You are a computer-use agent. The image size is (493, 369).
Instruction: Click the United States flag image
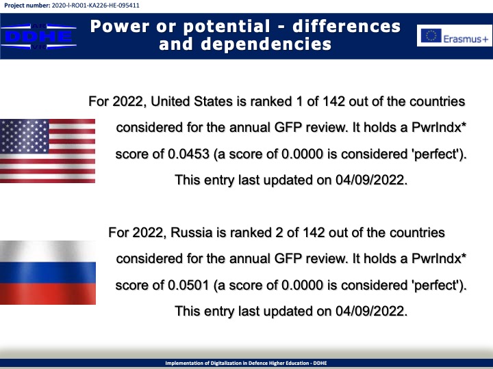(x=47, y=151)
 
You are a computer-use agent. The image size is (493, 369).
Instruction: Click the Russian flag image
(x=48, y=273)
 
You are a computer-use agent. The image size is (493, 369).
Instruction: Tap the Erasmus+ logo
(x=455, y=36)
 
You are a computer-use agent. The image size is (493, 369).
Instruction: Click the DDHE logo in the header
(x=38, y=36)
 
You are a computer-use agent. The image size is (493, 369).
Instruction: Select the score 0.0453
(x=188, y=154)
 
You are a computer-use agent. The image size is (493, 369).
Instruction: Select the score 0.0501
(x=188, y=285)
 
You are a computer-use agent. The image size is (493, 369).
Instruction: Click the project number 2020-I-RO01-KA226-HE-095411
(x=95, y=5)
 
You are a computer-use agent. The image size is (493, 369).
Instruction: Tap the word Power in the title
(x=119, y=27)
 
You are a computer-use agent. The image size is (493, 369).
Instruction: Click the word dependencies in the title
(x=266, y=44)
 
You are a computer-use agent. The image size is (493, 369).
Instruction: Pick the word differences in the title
(x=346, y=27)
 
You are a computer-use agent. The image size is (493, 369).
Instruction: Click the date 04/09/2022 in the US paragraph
(x=370, y=180)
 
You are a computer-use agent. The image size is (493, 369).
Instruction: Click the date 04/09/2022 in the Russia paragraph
(x=370, y=312)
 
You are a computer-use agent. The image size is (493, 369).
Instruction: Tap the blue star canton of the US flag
(x=24, y=136)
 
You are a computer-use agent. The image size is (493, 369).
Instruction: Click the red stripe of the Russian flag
(x=48, y=294)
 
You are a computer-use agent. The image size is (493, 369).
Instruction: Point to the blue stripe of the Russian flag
(x=48, y=273)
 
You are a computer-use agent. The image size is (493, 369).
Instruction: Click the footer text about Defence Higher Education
(x=246, y=363)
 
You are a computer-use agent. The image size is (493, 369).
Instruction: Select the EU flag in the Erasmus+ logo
(x=431, y=36)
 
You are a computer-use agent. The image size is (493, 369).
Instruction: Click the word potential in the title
(x=227, y=27)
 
